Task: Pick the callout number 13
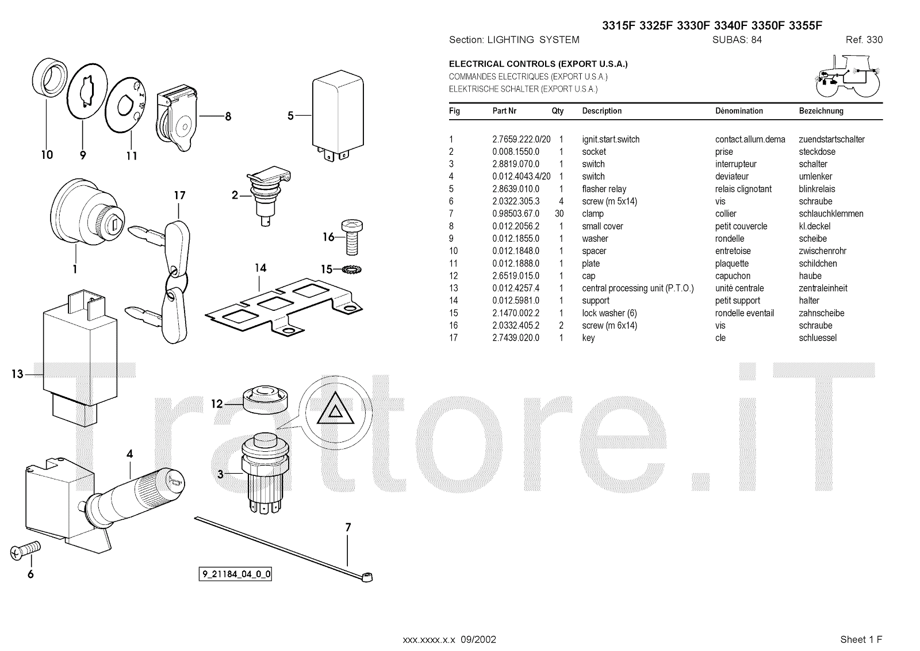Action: (17, 374)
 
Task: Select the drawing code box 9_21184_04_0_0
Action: (236, 574)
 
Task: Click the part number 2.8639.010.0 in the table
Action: (516, 189)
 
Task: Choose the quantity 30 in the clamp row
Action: (559, 214)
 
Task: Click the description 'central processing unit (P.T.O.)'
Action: (638, 288)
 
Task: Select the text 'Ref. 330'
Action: (864, 40)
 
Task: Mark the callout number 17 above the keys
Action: (180, 196)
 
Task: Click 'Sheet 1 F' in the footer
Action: (861, 639)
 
